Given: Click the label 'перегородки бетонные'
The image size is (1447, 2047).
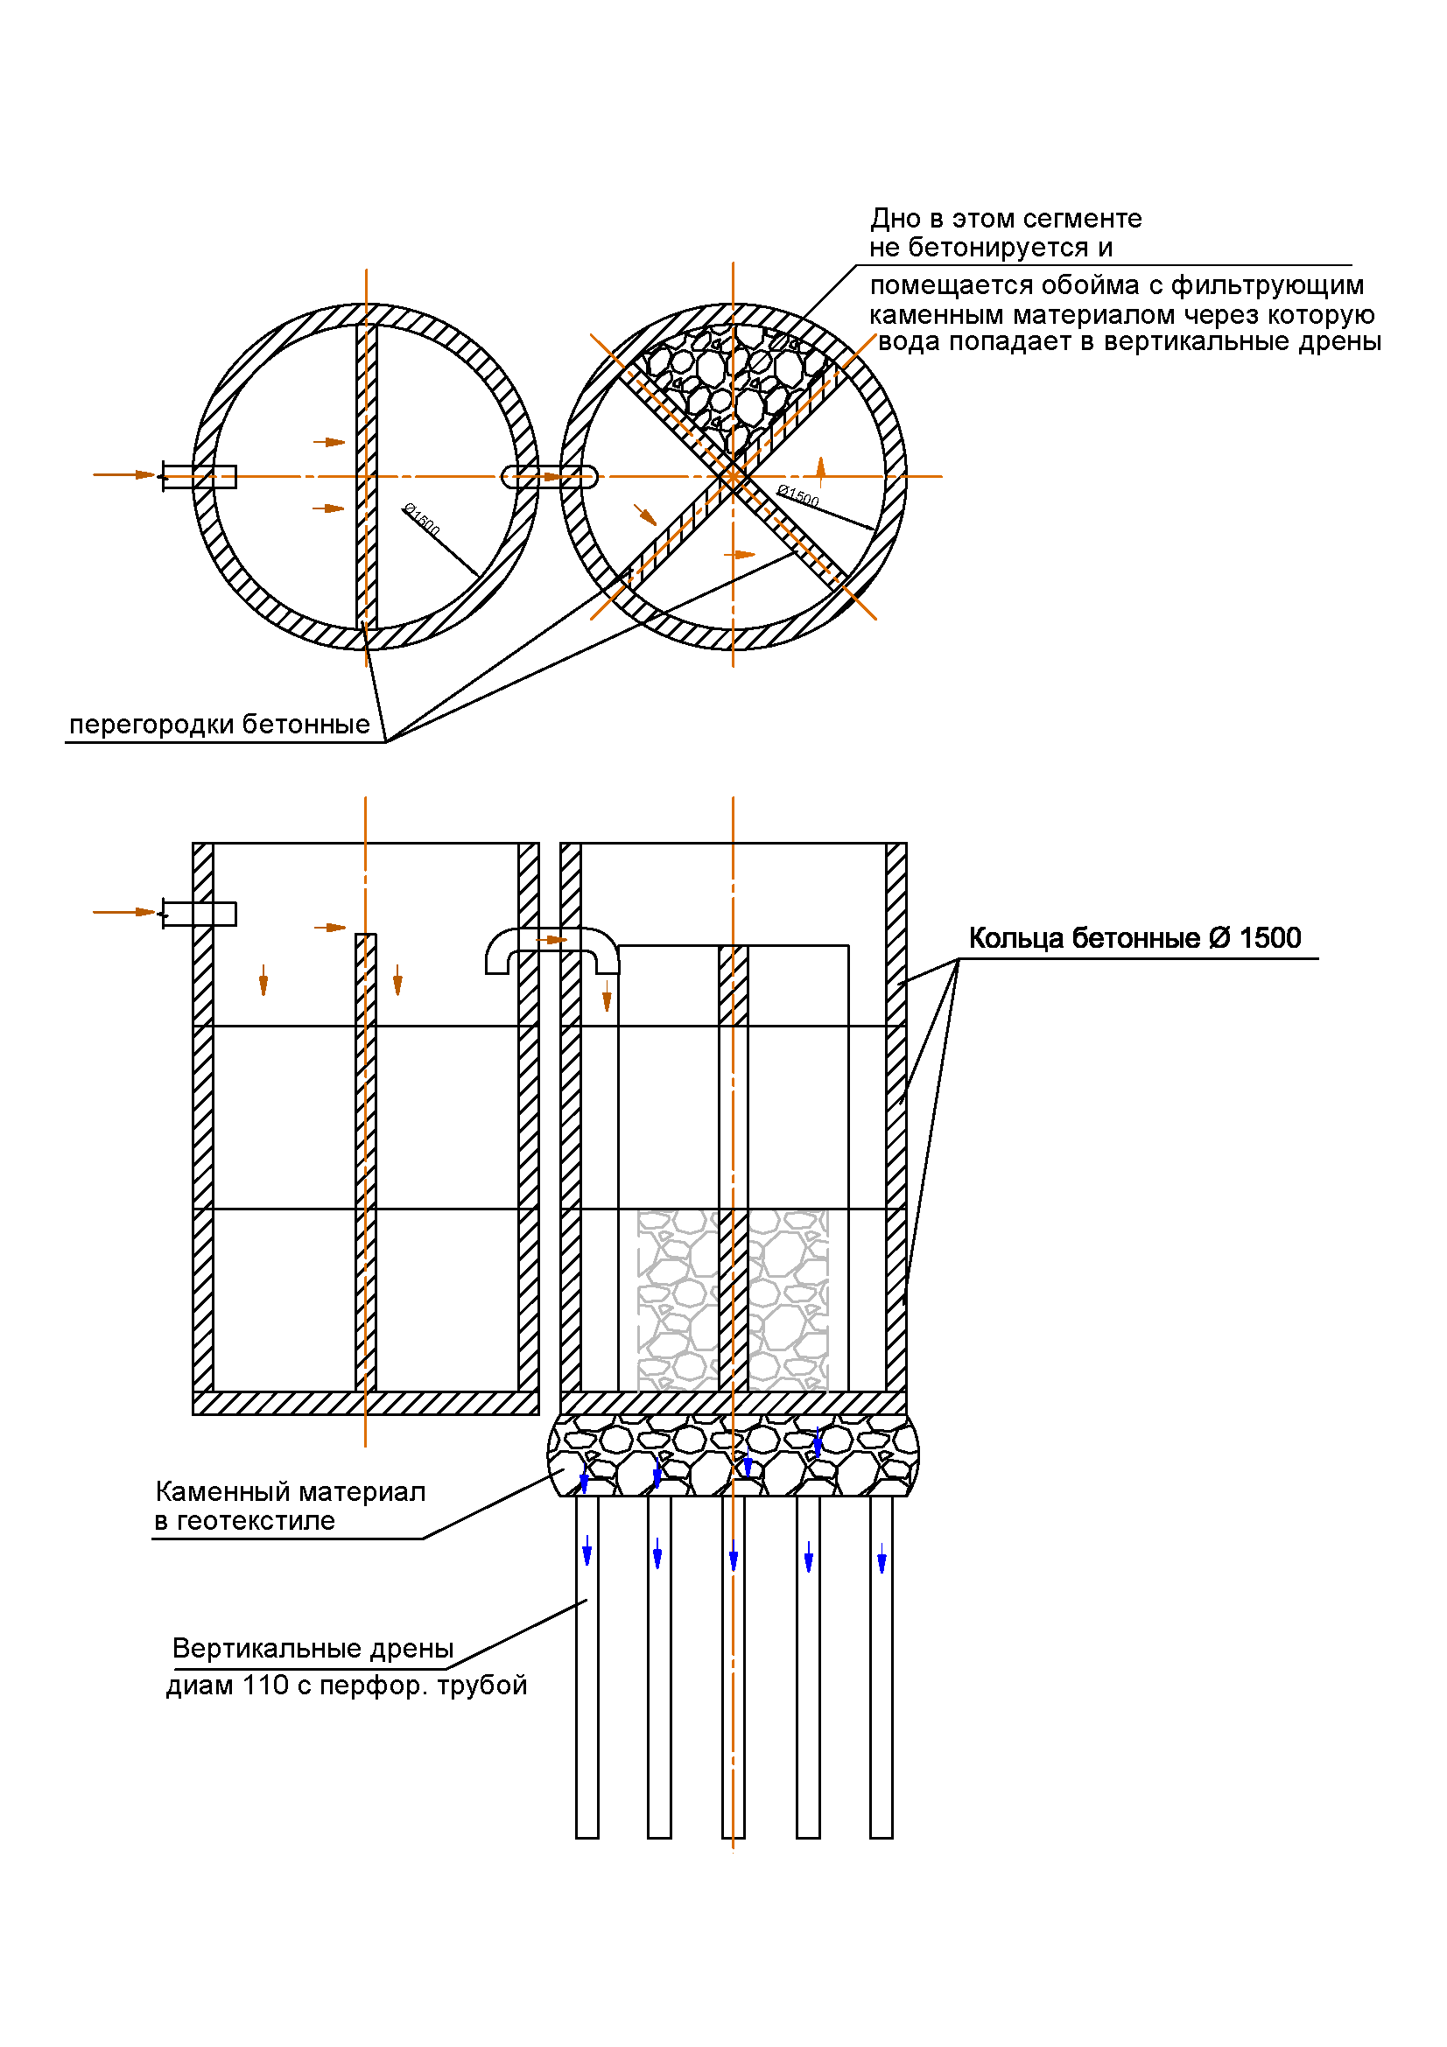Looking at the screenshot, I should pyautogui.click(x=220, y=725).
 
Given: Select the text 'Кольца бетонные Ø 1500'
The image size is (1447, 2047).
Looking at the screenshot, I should pyautogui.click(x=1134, y=939).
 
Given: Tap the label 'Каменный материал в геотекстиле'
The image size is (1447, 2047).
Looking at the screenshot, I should pyautogui.click(x=289, y=1506).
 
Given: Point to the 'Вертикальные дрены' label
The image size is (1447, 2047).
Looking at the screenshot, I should pyautogui.click(x=313, y=1649).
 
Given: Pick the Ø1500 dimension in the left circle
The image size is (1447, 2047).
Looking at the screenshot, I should pyautogui.click(x=422, y=520).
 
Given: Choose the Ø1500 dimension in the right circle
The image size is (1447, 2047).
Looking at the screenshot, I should pyautogui.click(x=798, y=495).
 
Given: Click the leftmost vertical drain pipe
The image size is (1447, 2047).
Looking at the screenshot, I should pyautogui.click(x=587, y=1676).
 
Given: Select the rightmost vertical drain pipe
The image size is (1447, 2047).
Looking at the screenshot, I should pyautogui.click(x=881, y=1676).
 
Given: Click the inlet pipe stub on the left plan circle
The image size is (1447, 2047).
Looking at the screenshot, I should pyautogui.click(x=199, y=477).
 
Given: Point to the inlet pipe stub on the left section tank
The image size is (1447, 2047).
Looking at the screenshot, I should pyautogui.click(x=199, y=914).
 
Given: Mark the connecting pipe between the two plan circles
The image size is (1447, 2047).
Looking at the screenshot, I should pyautogui.click(x=549, y=477).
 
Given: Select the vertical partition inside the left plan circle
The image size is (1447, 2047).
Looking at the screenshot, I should pyautogui.click(x=366, y=477).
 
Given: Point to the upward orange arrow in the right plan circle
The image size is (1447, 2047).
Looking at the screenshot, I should pyautogui.click(x=821, y=469).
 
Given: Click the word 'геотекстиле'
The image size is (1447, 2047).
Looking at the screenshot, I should pyautogui.click(x=256, y=1522).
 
